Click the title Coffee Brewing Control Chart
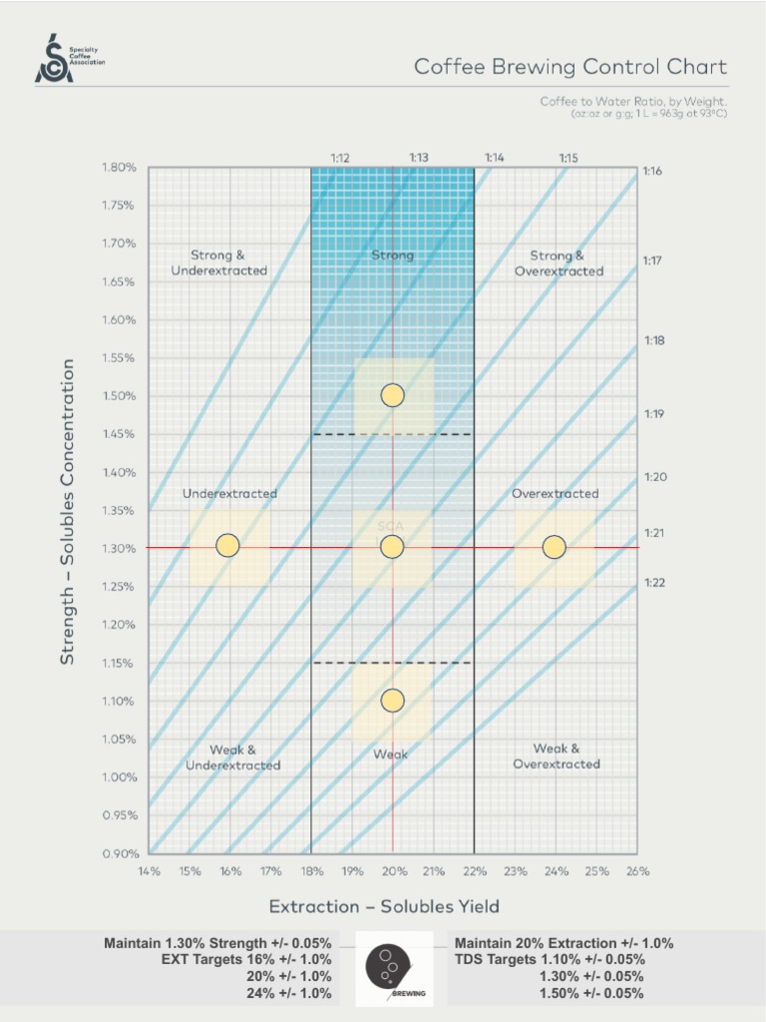571,68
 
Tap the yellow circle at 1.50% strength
392,395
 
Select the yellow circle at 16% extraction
228,545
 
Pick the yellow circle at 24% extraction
555,547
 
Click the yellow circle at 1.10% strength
392,702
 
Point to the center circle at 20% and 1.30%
392,547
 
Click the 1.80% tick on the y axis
119,167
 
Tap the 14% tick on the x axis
150,870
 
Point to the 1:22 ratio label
654,582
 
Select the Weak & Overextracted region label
557,757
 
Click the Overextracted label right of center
556,493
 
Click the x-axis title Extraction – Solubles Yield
384,906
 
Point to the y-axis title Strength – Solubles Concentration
68,512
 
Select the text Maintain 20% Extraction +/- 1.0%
564,943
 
